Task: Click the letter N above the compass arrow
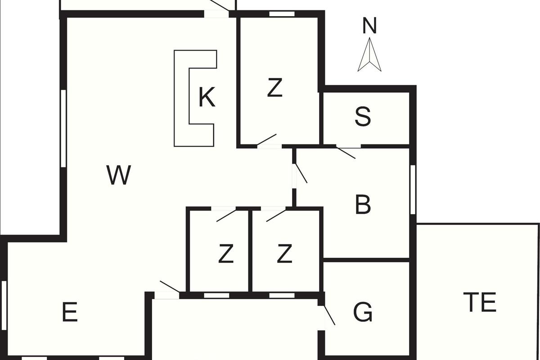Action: point(369,26)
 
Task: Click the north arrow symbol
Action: point(369,54)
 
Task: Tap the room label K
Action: point(207,97)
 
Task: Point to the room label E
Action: point(70,312)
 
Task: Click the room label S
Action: point(363,117)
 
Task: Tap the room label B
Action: point(363,204)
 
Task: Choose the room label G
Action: point(363,312)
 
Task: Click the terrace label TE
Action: point(480,302)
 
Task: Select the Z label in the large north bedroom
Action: point(275,88)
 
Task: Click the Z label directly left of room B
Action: point(285,253)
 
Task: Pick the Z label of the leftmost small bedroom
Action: point(226,253)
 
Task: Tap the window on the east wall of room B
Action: point(413,189)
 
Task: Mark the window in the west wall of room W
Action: point(63,129)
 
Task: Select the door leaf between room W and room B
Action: point(301,173)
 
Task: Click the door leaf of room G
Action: point(329,315)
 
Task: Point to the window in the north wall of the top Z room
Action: point(282,14)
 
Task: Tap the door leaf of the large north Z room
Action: point(266,139)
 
